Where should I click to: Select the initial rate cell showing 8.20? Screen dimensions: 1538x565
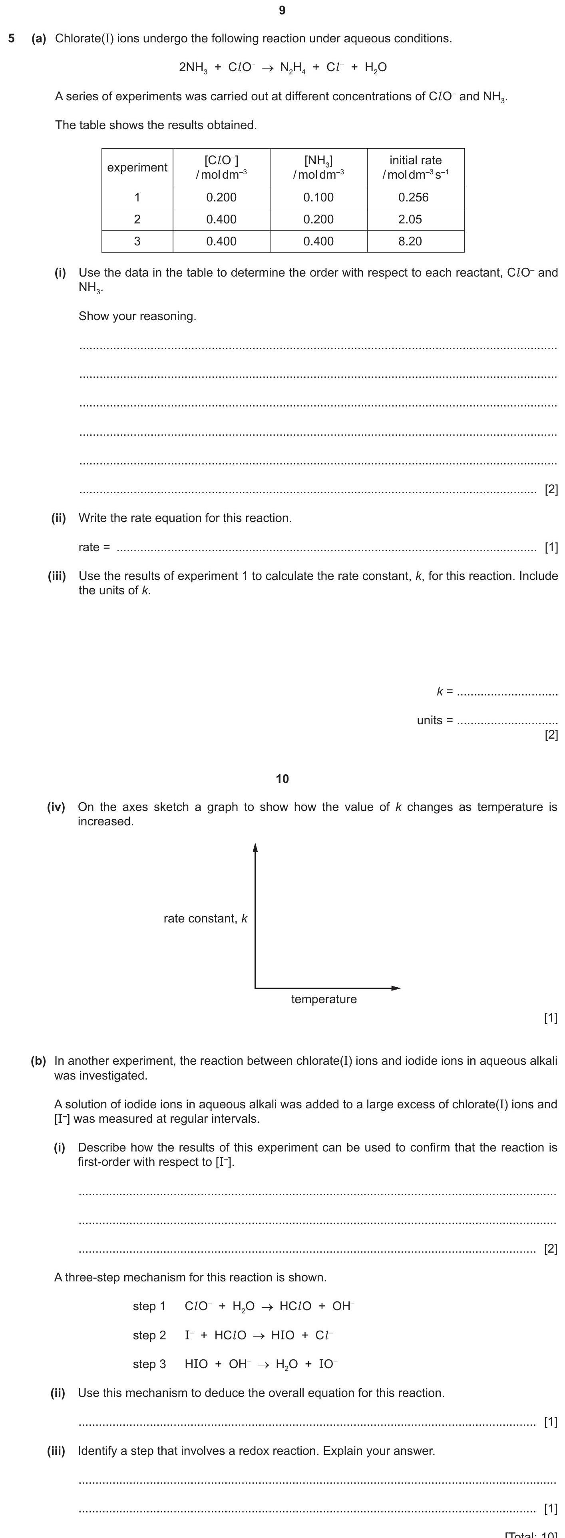[410, 241]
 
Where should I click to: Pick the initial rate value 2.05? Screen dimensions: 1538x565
[410, 219]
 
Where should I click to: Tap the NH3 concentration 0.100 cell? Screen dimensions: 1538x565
[318, 197]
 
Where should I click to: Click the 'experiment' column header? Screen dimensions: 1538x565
[137, 167]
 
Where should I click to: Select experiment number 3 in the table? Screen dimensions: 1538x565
[137, 241]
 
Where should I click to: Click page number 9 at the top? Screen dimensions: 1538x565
[282, 10]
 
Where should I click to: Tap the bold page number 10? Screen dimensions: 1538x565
[282, 779]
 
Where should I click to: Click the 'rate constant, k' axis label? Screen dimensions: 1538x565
[205, 918]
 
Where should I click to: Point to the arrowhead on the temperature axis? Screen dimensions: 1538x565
[396, 988]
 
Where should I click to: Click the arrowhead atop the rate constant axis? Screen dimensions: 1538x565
[255, 848]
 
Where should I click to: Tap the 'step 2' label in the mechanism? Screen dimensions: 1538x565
[149, 1335]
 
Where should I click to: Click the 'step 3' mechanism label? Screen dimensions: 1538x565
[149, 1364]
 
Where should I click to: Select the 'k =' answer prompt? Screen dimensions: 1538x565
[444, 691]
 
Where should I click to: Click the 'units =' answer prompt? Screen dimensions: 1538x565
[434, 720]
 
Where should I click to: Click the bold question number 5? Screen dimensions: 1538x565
[11, 39]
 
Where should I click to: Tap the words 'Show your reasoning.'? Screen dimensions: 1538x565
[137, 316]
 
